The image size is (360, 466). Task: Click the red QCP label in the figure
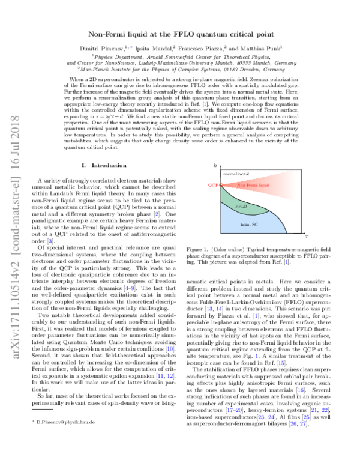pyautogui.click(x=211, y=186)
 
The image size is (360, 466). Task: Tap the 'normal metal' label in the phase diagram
pyautogui.click(x=234, y=174)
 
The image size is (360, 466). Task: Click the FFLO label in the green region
pyautogui.click(x=242, y=205)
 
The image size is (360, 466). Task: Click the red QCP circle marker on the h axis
pyautogui.click(x=221, y=186)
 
